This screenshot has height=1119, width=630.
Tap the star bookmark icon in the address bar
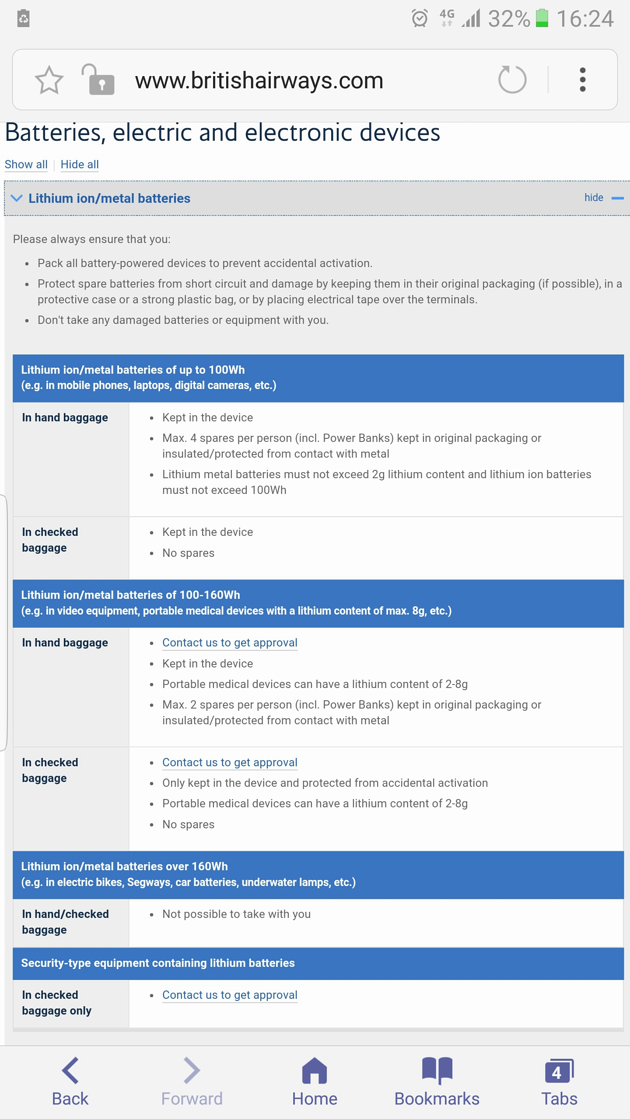click(49, 80)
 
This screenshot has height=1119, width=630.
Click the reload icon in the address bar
click(512, 80)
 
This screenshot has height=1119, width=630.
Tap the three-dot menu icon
click(582, 80)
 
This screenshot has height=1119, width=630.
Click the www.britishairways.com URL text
click(259, 80)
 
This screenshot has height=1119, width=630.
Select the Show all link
click(26, 164)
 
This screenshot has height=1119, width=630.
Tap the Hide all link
click(80, 164)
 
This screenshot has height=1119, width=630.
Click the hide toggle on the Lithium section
click(603, 198)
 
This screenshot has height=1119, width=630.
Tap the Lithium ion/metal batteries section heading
click(109, 198)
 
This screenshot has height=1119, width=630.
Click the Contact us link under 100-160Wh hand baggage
click(230, 643)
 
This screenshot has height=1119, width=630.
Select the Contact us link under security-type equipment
click(230, 995)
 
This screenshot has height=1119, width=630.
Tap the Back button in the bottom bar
click(70, 1082)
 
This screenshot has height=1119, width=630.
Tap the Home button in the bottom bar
click(315, 1082)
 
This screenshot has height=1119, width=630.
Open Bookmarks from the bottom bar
click(437, 1082)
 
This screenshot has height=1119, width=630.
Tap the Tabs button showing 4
click(559, 1082)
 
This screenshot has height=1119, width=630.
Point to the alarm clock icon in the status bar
click(420, 18)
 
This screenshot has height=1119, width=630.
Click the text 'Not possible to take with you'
click(236, 914)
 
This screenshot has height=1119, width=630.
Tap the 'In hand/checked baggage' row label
click(65, 922)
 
